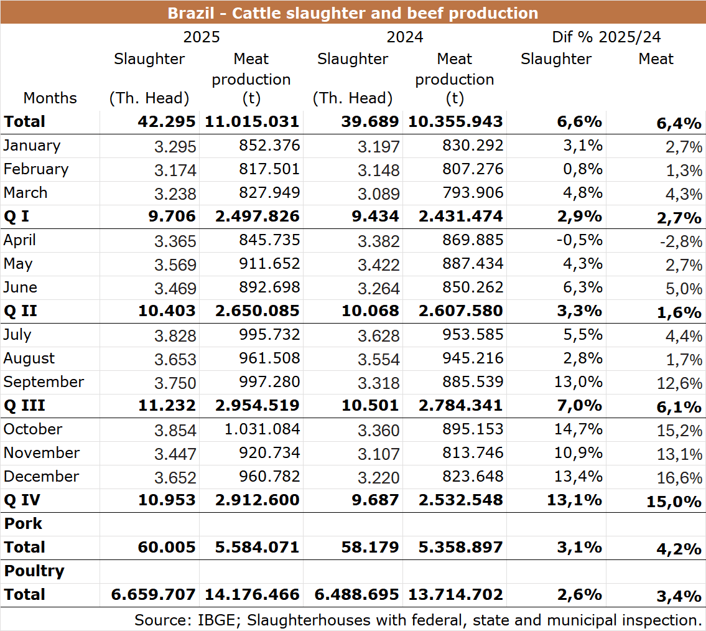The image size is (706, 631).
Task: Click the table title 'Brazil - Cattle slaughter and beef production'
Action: coord(353,12)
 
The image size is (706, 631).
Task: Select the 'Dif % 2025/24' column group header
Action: coord(606,37)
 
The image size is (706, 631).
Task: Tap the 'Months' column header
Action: coord(50,98)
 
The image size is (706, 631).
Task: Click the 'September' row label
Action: coord(44,381)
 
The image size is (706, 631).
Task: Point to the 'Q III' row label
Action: coord(24,405)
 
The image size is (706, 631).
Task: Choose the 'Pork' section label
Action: coord(23,523)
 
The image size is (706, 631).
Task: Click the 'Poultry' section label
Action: coord(34,571)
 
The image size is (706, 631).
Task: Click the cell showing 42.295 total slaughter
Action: coord(167,121)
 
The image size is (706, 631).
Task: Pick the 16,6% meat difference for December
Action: coord(680,477)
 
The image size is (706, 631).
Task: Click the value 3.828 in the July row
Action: coord(175,335)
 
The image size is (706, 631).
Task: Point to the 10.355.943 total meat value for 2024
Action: coord(455,121)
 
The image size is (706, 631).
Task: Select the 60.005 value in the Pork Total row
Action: coord(167,547)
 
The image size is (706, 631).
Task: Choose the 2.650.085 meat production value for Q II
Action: coord(251,311)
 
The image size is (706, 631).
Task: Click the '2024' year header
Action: coord(405,37)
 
